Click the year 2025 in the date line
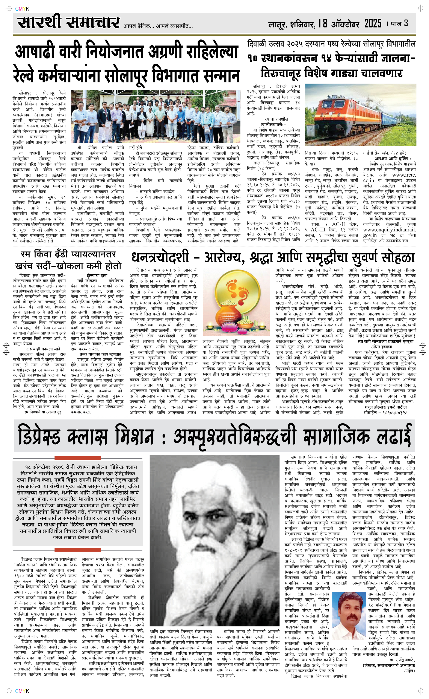click(373, 24)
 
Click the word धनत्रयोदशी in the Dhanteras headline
click(160, 257)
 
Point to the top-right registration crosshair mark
click(420, 9)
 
